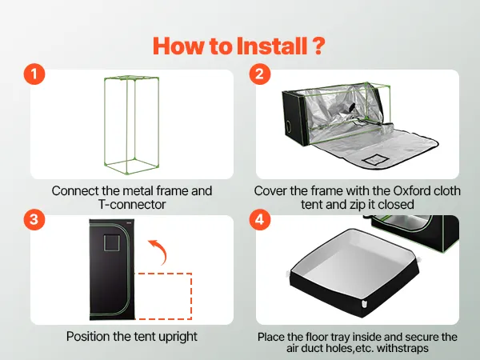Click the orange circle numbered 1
pos(34,74)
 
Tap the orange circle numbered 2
pos(259,74)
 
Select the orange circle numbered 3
pos(34,219)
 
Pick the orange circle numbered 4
pos(259,219)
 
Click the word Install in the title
pos(272,46)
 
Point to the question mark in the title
pos(318,46)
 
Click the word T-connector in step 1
pos(132,205)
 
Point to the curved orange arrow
pos(160,250)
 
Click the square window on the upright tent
pos(111,243)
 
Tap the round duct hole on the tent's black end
pos(289,126)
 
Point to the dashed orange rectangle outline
pos(191,296)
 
